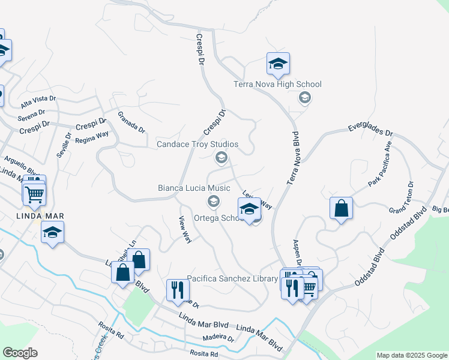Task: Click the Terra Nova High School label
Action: tap(277, 85)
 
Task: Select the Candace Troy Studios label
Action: tap(197, 145)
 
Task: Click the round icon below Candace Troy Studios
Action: tap(220, 157)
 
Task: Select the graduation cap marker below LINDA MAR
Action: tap(52, 232)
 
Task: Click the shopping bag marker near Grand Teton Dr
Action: tap(341, 209)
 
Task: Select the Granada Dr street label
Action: tap(131, 121)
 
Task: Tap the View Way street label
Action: tap(185, 229)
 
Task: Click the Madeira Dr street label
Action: tap(218, 338)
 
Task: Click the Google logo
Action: tap(20, 353)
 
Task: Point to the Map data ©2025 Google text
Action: tap(412, 355)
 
